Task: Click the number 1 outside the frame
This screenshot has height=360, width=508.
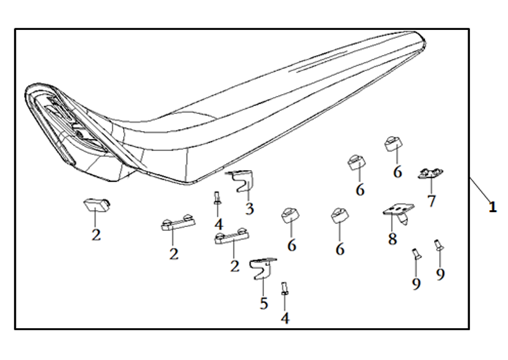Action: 492,207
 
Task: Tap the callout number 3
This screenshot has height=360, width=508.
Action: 249,209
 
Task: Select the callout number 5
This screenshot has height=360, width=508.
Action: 264,303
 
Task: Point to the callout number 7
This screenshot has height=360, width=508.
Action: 431,201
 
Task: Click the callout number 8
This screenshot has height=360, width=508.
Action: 393,239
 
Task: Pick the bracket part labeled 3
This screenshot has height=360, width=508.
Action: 242,180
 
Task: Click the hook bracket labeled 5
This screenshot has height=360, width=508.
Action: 262,267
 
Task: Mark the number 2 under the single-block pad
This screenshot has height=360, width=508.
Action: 96,235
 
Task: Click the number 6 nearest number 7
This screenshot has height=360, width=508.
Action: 398,172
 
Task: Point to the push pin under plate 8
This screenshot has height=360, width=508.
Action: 404,219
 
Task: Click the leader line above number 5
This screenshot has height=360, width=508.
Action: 262,285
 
